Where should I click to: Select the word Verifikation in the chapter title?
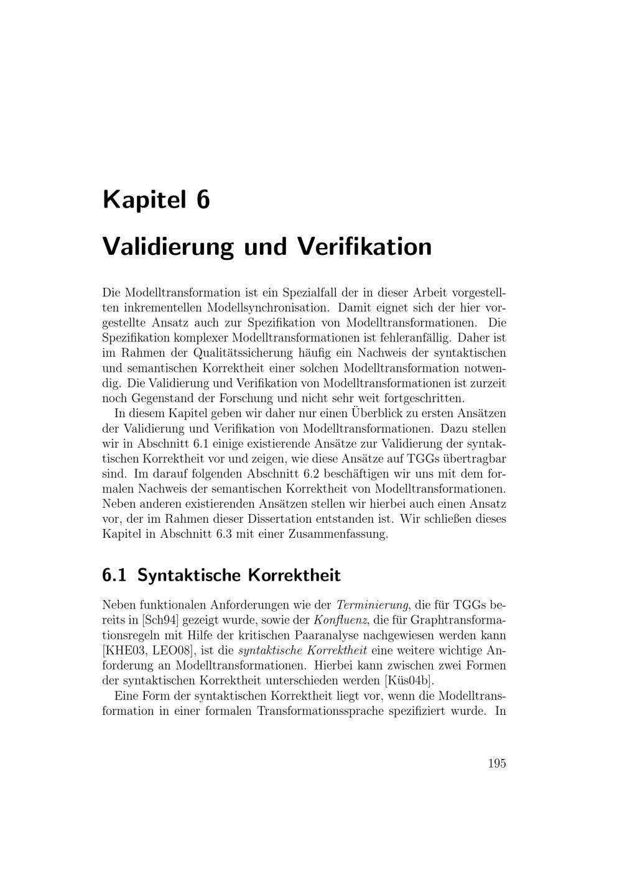coord(363,246)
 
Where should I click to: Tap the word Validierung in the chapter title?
coord(168,246)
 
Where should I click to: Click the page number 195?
coord(497,764)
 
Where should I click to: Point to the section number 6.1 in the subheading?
coord(114,575)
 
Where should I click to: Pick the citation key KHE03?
coord(126,650)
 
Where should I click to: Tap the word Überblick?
coord(379,413)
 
